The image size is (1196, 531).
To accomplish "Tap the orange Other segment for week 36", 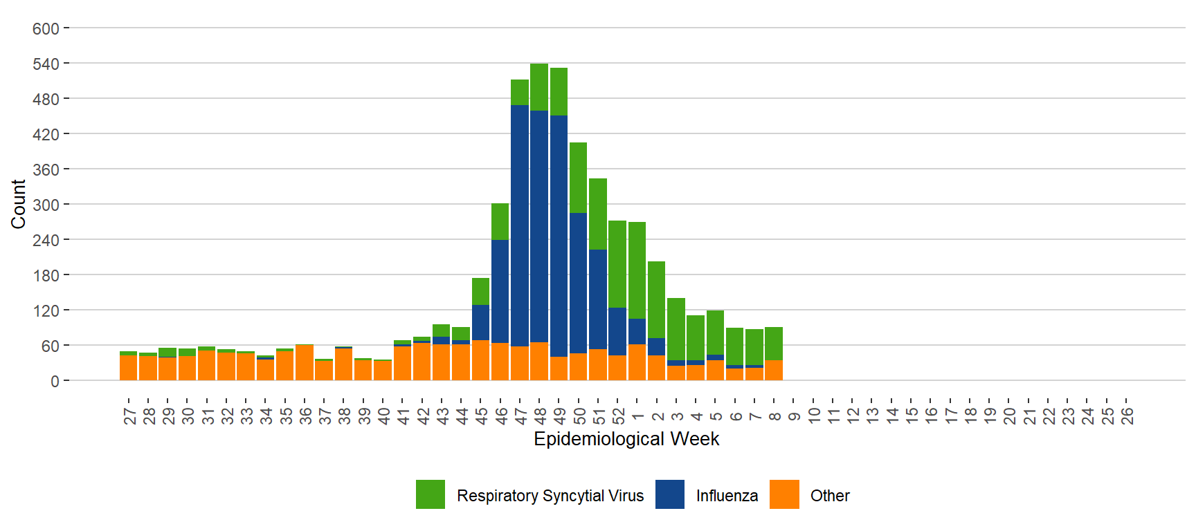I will point(305,363).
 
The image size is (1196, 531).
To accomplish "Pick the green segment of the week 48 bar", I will point(539,87).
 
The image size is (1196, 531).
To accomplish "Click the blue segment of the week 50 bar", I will point(578,283).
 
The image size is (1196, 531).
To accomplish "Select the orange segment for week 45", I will point(480,360).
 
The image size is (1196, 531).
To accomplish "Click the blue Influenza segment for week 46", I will point(500,291).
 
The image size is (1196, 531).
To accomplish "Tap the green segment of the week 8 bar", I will point(774,344).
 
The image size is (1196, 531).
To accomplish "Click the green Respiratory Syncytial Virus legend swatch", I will point(431,494).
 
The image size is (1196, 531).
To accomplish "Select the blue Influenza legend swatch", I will point(669,494).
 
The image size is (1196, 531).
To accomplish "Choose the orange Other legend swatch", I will point(784,494).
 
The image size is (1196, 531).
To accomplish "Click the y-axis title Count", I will point(18,204).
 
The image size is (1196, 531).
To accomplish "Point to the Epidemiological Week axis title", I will point(626,439).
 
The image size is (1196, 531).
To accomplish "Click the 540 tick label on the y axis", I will point(46,64).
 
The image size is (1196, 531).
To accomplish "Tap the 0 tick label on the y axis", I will point(55,381).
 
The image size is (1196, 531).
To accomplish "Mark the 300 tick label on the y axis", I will point(46,205).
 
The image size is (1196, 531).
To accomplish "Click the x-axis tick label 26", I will point(1127,416).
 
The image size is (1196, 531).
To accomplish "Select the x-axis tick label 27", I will point(129,416).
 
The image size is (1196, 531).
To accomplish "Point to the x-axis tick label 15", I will point(912,416).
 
